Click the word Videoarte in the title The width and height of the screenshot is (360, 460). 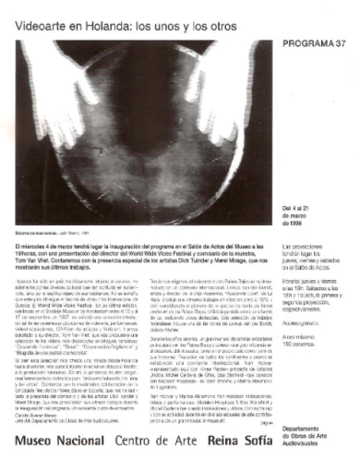click(42, 17)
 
